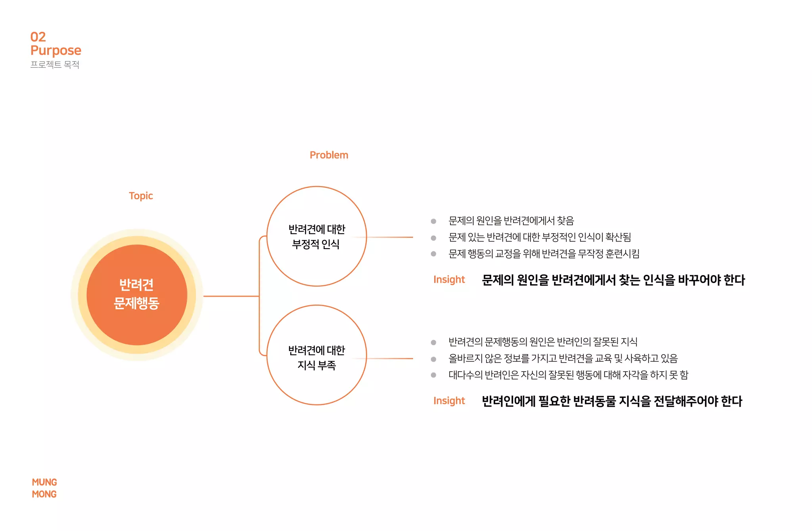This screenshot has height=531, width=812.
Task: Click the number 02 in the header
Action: tap(38, 37)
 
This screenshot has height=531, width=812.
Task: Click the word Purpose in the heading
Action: tap(56, 50)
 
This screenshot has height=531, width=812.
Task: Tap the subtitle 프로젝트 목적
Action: tap(55, 65)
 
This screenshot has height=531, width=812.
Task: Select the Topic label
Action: tap(141, 196)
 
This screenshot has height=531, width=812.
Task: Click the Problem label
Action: tap(329, 155)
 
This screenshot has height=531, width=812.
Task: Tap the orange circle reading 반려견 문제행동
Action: tap(137, 295)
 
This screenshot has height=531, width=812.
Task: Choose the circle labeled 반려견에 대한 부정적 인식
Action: tap(316, 236)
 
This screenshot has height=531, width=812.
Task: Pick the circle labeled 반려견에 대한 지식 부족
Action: tap(316, 355)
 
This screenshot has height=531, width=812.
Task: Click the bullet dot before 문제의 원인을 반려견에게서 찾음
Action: tap(433, 221)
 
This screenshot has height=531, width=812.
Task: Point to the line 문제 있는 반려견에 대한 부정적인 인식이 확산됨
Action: tap(539, 237)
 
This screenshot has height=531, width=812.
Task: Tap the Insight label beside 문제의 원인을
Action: tap(449, 280)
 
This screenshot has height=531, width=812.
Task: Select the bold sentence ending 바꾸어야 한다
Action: tap(613, 280)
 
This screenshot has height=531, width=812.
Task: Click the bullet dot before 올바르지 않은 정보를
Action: tap(433, 359)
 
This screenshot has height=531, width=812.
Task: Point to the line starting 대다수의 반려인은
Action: tap(568, 375)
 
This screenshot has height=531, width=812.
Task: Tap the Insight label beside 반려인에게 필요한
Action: tap(449, 401)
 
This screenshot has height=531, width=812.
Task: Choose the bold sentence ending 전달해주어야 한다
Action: tap(612, 401)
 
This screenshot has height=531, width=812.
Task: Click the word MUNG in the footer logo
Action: tap(44, 482)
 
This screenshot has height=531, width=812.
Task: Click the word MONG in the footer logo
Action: tap(44, 494)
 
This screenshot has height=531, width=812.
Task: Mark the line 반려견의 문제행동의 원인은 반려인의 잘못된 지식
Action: tap(543, 342)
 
